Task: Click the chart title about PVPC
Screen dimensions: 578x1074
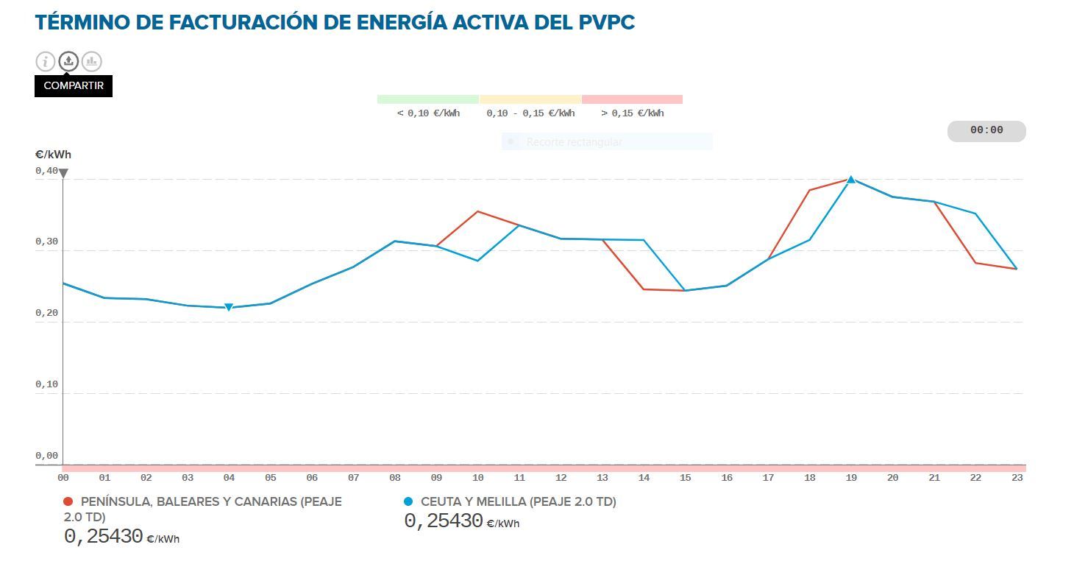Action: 335,22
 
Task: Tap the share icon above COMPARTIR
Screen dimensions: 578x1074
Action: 68,61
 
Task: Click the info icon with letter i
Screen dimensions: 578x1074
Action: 46,61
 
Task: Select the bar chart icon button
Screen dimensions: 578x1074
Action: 91,61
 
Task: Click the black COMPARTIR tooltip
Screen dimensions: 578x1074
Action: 74,85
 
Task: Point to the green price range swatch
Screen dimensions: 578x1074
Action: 427,99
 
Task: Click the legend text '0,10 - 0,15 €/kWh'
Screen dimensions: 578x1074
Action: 530,113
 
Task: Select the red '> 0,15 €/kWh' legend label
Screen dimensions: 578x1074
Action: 633,113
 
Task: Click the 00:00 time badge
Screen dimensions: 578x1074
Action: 986,130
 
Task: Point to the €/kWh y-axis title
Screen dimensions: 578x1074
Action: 53,155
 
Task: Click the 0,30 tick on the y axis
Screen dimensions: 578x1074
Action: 46,242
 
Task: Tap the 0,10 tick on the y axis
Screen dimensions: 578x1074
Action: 46,384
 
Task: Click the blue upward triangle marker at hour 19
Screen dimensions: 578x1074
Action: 851,179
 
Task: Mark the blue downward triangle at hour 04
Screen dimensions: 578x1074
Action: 229,308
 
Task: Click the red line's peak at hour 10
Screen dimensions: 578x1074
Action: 478,211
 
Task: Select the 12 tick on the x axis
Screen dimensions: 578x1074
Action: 561,478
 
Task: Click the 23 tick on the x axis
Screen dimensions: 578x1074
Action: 1017,478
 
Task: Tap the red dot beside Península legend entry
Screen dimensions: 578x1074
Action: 68,501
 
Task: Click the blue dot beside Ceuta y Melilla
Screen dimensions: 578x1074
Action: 408,501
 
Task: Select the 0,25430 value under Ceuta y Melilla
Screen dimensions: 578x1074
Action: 444,521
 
